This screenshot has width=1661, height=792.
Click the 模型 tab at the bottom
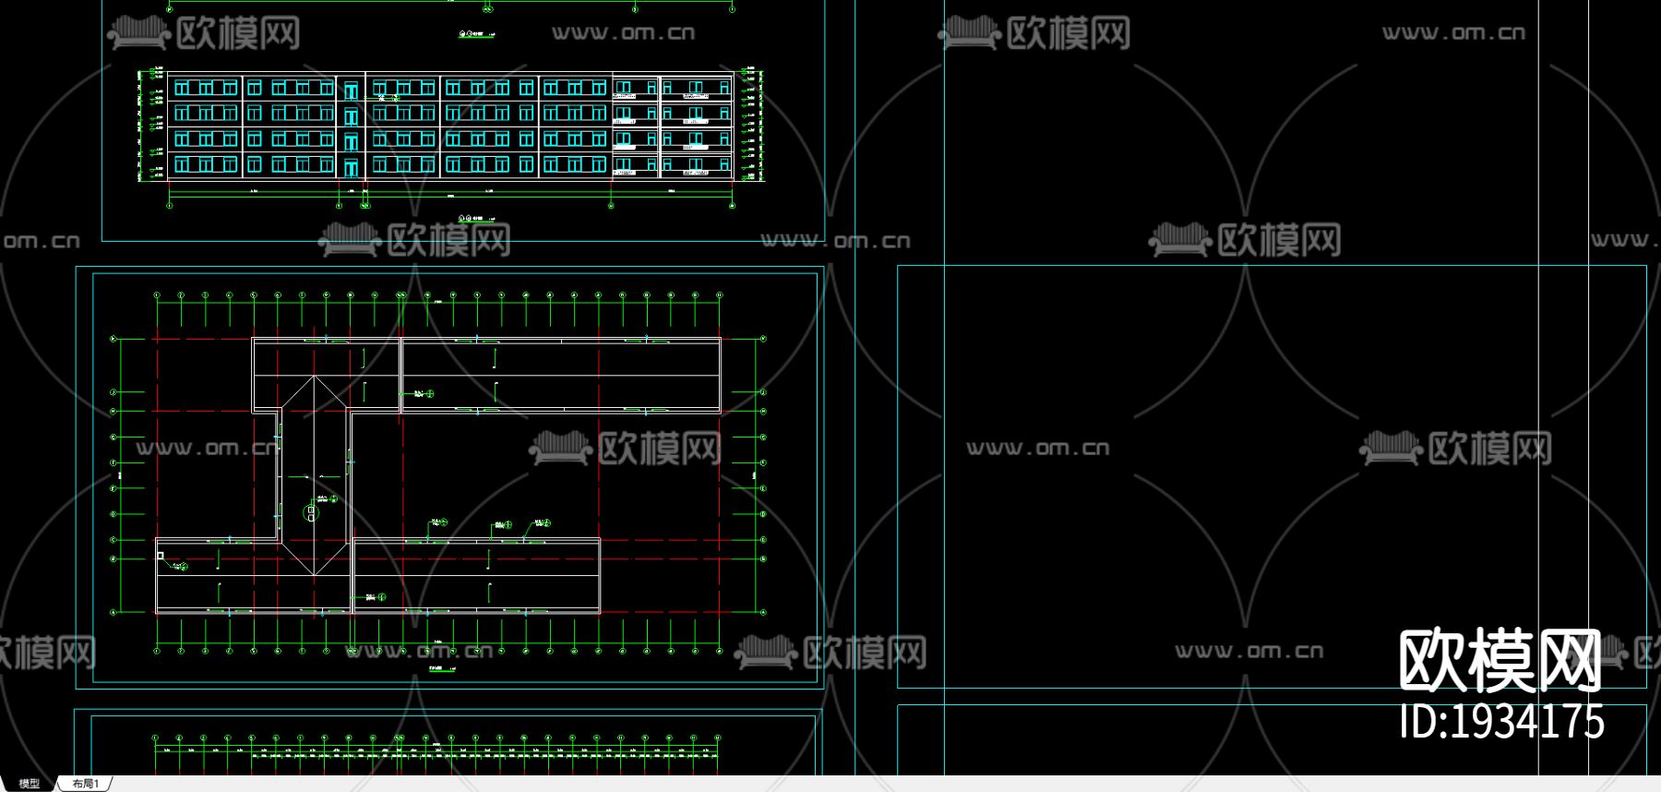tap(30, 784)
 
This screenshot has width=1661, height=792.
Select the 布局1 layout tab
tap(86, 784)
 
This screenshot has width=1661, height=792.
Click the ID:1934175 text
tap(1501, 722)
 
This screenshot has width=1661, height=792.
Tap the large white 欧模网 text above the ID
tap(1500, 661)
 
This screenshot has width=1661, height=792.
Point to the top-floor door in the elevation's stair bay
tap(351, 90)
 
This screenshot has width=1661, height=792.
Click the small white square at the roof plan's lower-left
tap(161, 556)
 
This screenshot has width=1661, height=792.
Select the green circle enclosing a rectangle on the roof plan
tap(311, 512)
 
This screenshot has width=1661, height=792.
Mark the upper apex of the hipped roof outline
tap(315, 376)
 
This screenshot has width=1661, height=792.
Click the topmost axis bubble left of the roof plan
tap(114, 339)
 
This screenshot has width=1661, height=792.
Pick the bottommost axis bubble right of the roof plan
tap(763, 611)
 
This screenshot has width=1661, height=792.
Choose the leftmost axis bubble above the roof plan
tap(157, 295)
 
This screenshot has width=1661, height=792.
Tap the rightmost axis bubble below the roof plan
tap(720, 651)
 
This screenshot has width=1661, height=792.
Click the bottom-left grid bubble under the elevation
tap(170, 205)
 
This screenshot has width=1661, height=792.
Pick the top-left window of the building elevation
tap(182, 88)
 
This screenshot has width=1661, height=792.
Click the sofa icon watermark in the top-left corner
tap(138, 32)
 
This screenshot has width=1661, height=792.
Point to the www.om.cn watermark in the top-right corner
tap(1453, 33)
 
